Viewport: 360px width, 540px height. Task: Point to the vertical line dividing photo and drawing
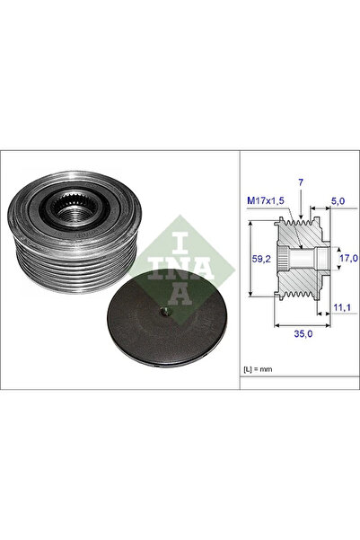click(240, 270)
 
